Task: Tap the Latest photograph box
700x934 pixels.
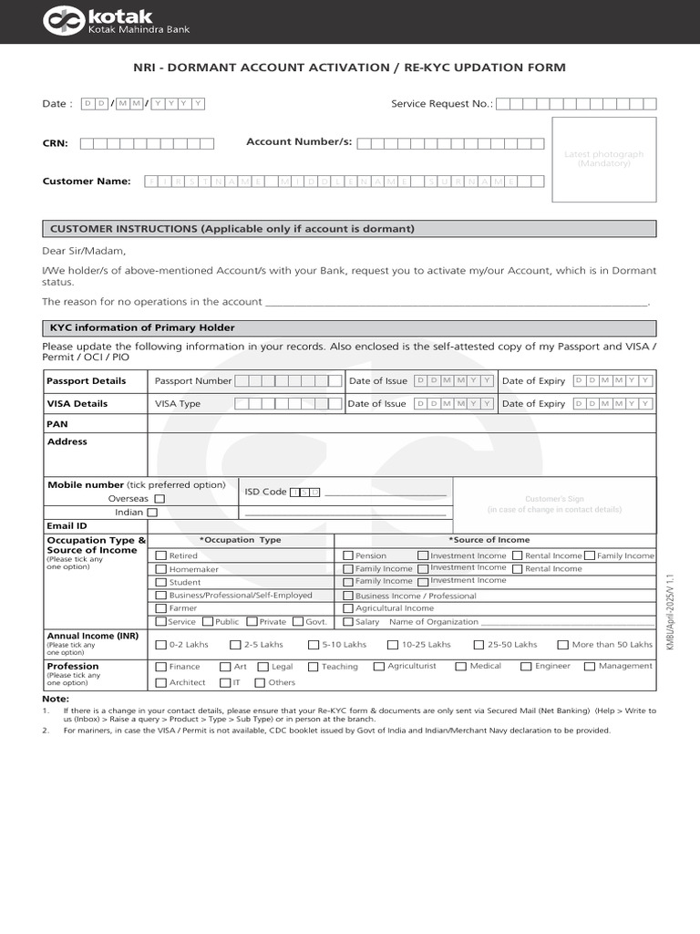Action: tap(603, 159)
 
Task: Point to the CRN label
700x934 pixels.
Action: tap(55, 143)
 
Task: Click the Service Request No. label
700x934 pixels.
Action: tap(442, 104)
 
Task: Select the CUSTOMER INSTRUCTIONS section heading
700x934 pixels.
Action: tap(232, 229)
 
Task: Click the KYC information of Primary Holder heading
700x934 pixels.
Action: tap(142, 328)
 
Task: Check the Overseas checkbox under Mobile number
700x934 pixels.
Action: tap(160, 499)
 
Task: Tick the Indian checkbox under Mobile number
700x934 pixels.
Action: tap(152, 513)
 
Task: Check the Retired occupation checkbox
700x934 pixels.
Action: tap(161, 555)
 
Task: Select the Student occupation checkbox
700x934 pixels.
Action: tap(161, 582)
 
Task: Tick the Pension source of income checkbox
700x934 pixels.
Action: tap(348, 555)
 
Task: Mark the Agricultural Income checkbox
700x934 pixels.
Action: tap(348, 608)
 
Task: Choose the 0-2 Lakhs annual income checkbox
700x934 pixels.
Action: tap(161, 645)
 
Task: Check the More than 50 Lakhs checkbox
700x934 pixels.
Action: tap(562, 645)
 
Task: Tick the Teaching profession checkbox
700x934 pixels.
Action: tap(313, 667)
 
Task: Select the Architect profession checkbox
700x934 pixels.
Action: tap(161, 682)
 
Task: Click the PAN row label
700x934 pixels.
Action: tap(57, 424)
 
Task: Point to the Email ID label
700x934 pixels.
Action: tap(67, 526)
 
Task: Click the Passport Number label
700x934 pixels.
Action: tap(193, 381)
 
